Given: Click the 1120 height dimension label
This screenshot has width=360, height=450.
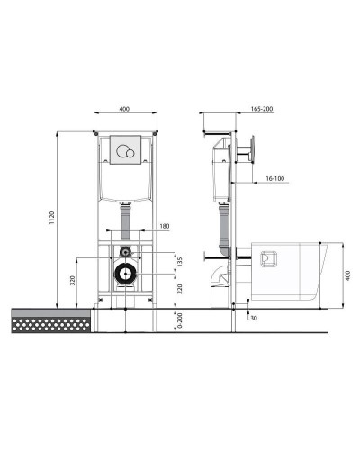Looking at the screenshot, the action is (x=52, y=218).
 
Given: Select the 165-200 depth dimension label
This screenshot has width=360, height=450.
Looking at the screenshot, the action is (x=262, y=109).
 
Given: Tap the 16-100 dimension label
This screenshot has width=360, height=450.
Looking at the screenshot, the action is (x=275, y=178).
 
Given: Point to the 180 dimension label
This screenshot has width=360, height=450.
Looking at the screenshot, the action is (x=165, y=226).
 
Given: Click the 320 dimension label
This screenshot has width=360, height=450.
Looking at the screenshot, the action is (x=73, y=280).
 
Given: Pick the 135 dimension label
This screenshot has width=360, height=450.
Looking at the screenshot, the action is (x=180, y=261).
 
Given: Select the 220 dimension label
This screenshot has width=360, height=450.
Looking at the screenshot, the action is (x=180, y=289).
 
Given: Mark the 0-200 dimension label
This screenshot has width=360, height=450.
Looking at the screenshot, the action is (x=180, y=320).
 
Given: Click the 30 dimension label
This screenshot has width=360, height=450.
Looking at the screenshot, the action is (x=254, y=318).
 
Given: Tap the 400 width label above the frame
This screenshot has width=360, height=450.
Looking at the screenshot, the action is (x=124, y=109).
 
